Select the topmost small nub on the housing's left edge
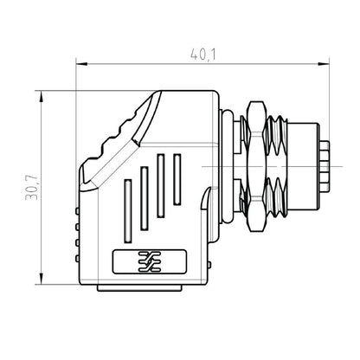(x=78, y=210)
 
